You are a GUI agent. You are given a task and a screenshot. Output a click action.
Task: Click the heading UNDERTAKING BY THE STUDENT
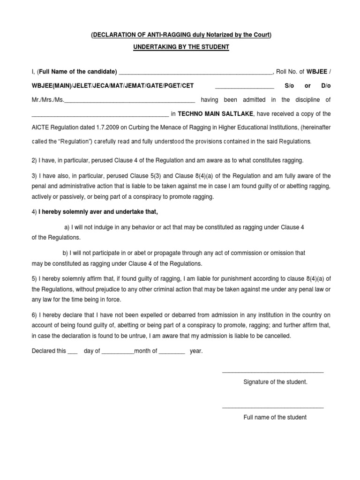point(180,48)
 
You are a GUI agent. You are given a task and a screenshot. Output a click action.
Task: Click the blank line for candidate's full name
point(195,74)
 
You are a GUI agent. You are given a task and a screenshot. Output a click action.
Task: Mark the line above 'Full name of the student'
point(272,408)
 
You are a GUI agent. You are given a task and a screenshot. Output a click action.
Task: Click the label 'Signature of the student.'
point(275,382)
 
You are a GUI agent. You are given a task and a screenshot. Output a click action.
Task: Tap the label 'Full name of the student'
point(275,417)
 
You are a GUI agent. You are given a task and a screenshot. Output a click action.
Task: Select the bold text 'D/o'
point(326,86)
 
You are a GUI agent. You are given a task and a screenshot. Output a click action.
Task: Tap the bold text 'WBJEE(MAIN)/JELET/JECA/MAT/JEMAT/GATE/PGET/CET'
point(112,86)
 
